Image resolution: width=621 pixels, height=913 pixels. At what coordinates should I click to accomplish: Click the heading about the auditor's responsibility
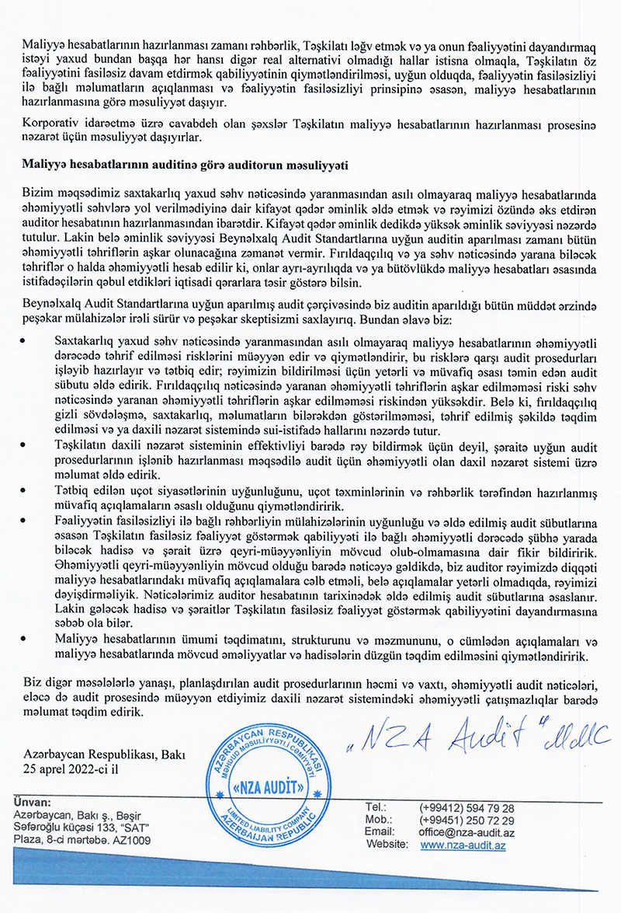click(186, 165)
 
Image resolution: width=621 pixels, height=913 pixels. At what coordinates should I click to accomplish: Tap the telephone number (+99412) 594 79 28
click(467, 808)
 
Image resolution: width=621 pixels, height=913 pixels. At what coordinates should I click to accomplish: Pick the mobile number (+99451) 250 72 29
click(467, 821)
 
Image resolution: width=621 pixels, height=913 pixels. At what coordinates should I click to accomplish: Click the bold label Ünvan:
click(33, 802)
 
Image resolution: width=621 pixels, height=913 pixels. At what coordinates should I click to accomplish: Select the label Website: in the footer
click(387, 845)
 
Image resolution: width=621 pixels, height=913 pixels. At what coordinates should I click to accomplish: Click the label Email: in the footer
click(380, 832)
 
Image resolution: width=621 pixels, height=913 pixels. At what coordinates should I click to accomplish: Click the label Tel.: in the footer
click(376, 808)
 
